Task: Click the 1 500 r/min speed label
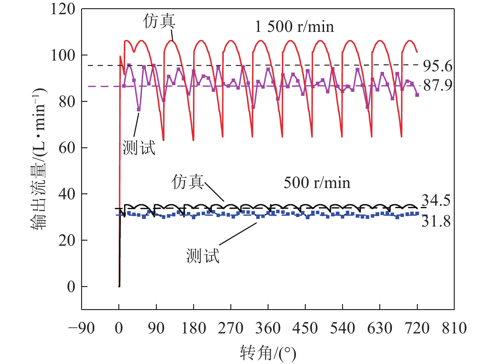(294, 26)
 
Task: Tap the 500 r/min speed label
(317, 183)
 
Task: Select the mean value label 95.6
(437, 66)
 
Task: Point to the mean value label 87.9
(437, 85)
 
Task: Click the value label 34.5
(436, 201)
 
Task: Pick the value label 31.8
(436, 221)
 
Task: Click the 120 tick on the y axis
(63, 9)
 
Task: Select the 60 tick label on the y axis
(67, 148)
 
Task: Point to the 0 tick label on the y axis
(71, 287)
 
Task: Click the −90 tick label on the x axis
(81, 328)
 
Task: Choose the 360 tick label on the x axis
(268, 328)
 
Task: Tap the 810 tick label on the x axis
(454, 328)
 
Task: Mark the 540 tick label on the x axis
(342, 328)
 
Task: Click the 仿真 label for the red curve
(159, 21)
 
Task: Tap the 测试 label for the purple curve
(139, 148)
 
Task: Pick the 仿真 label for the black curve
(187, 182)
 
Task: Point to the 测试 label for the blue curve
(203, 255)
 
